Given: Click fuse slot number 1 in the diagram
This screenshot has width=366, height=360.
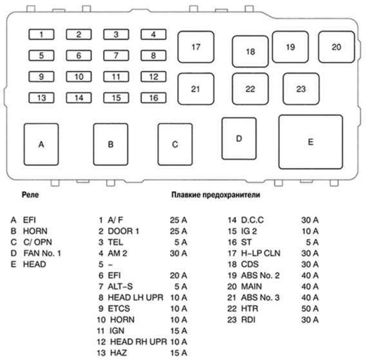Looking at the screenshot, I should coord(43,35).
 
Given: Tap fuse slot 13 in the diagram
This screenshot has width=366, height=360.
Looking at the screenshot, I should coord(43,98).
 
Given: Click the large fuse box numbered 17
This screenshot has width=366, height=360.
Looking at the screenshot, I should coord(195,47).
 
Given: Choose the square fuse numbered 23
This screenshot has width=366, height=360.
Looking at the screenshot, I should coord(301,89).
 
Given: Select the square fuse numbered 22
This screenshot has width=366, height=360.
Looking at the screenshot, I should coord(250,89).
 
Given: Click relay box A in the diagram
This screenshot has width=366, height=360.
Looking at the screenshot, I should coord(42,144).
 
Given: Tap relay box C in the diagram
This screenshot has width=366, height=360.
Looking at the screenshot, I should coord(175,144).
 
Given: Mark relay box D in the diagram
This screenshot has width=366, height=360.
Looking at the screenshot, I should coord(239,138).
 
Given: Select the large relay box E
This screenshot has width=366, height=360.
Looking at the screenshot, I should coord(310,141).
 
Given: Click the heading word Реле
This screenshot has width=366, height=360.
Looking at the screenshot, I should coord(30,194).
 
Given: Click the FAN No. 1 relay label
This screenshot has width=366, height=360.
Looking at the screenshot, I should coord(42,253).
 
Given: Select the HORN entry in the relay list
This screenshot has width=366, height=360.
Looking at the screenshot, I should coord(35,231).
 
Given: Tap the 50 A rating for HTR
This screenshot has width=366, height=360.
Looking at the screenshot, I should coord(309,308).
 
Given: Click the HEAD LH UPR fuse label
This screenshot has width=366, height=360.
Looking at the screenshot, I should coord(136,297).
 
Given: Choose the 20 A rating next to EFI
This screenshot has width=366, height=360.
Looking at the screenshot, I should coord(178,275).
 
